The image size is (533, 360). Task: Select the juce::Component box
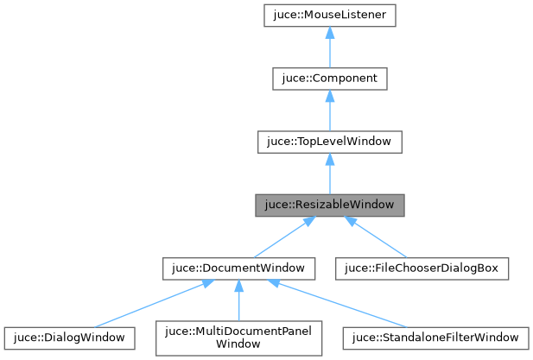(329, 79)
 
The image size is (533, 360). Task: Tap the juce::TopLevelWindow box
(329, 142)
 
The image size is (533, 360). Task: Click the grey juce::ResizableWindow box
(329, 205)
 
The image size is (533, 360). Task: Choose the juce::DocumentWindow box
(238, 268)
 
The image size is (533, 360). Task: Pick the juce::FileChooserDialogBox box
(422, 268)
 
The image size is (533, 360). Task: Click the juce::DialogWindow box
(70, 337)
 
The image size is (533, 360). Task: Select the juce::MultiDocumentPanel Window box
(238, 337)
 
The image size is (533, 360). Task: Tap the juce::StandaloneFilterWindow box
(432, 337)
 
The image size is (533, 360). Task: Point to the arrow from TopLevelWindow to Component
(329, 113)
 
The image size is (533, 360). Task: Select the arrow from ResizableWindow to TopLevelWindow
(329, 177)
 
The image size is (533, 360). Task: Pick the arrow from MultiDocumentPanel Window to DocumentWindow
(238, 302)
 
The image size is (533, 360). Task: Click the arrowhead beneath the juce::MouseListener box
(329, 35)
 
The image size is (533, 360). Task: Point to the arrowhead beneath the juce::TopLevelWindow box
(329, 161)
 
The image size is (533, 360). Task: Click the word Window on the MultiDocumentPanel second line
(238, 343)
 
